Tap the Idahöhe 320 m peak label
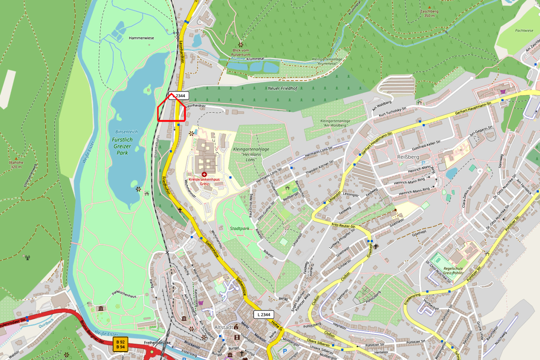pos(16,164)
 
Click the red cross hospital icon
pos(204,174)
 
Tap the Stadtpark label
pos(240,228)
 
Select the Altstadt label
pos(224,327)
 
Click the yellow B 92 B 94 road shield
pos(120,344)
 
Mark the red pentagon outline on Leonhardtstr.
pos(171,108)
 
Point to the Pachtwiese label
pos(524,30)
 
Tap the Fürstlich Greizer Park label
pos(122,146)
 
